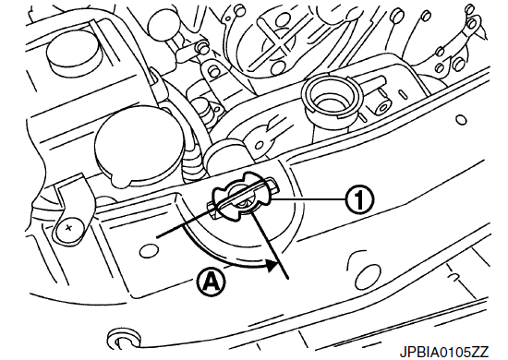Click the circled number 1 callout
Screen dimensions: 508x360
(359, 200)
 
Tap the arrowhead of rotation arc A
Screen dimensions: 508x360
(272, 265)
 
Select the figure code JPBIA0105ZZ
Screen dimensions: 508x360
(443, 352)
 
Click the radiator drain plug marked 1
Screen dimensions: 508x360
(243, 198)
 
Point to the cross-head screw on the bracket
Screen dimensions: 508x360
(68, 228)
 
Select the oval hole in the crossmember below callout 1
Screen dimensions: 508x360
(367, 275)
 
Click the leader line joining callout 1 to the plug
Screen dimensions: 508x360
(308, 200)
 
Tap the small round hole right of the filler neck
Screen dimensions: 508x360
(461, 120)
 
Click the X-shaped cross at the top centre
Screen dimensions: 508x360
(278, 38)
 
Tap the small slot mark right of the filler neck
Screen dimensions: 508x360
(402, 93)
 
